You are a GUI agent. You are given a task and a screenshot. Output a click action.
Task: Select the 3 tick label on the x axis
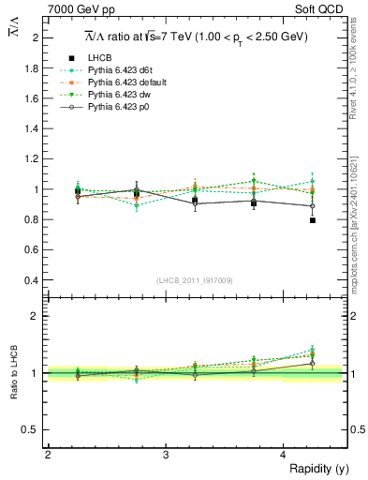click(x=166, y=455)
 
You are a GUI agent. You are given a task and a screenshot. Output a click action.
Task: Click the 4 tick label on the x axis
click(x=284, y=455)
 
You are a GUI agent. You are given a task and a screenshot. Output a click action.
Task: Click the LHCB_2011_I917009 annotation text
click(x=195, y=279)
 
